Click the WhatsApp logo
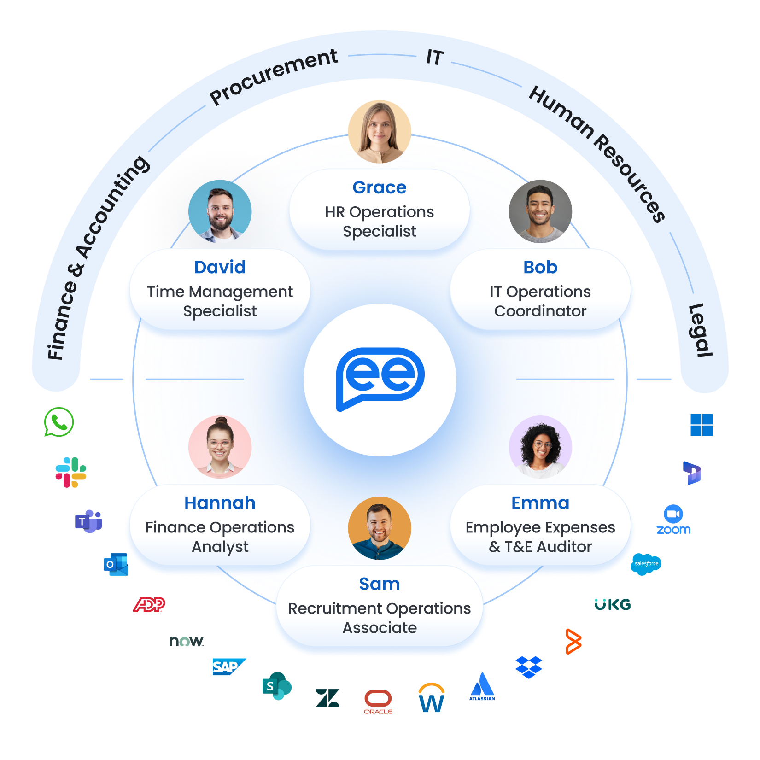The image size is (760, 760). point(59,421)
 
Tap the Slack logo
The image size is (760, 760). point(71,472)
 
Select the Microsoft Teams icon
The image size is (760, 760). point(88,521)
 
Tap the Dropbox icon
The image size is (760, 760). point(528,667)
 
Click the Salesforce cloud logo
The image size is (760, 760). point(646,564)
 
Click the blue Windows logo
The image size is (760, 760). point(702,425)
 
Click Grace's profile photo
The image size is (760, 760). point(380,132)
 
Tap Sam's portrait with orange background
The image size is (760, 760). point(380,528)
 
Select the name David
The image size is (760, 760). point(220,267)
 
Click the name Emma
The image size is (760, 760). point(540,503)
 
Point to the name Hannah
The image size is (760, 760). point(220,503)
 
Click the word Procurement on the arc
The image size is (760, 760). point(274,76)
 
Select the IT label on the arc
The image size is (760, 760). point(434,57)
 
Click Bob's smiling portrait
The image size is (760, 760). point(540,211)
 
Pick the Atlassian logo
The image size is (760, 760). point(482,686)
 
